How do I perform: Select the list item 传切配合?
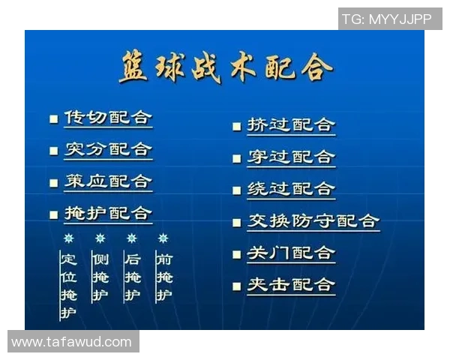pos(107,118)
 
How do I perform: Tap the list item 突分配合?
pos(107,150)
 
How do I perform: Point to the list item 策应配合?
pos(107,182)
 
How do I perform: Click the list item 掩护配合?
pos(107,214)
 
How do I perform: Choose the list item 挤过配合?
pos(290,125)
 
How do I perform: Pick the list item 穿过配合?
pos(290,157)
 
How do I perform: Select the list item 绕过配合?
pos(290,189)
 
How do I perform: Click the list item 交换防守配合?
pos(313,221)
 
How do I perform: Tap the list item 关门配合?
pos(290,253)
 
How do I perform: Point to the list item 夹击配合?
pos(290,285)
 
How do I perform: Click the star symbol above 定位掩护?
pos(68,238)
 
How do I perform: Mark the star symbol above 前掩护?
pos(163,238)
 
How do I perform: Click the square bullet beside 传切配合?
pos(53,119)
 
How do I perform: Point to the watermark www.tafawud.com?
pos(72,342)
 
